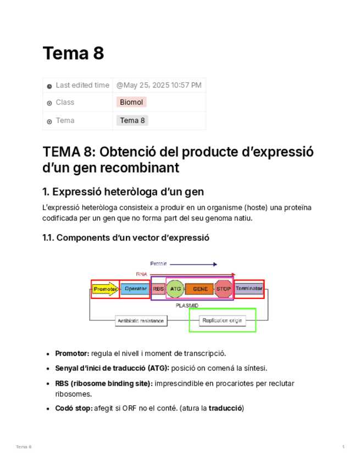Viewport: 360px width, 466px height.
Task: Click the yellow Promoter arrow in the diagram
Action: pos(105,289)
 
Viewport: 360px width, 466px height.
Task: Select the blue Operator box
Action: pos(135,289)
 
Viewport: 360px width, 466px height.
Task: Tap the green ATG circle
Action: pos(175,289)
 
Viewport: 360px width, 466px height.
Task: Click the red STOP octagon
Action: pos(224,289)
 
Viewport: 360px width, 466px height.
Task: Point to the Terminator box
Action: pos(249,288)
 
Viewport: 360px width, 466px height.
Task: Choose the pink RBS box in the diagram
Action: pos(158,289)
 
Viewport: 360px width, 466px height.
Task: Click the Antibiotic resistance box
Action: pos(141,321)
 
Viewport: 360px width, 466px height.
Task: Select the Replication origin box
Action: pos(222,321)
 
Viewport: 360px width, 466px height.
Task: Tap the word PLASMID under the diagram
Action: pos(187,305)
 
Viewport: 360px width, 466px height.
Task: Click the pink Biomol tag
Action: pos(131,102)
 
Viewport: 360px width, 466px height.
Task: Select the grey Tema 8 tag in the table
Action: pos(132,120)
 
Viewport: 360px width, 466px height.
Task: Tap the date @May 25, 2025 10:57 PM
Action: pos(159,85)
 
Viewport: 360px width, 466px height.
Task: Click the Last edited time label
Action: pos(82,85)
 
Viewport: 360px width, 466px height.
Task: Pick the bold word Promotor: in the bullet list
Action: pos(72,353)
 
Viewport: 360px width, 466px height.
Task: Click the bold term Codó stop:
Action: pos(74,408)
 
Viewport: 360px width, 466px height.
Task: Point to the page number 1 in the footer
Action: pos(343,447)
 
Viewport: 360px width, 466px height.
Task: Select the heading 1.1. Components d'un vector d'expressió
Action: pos(126,238)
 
